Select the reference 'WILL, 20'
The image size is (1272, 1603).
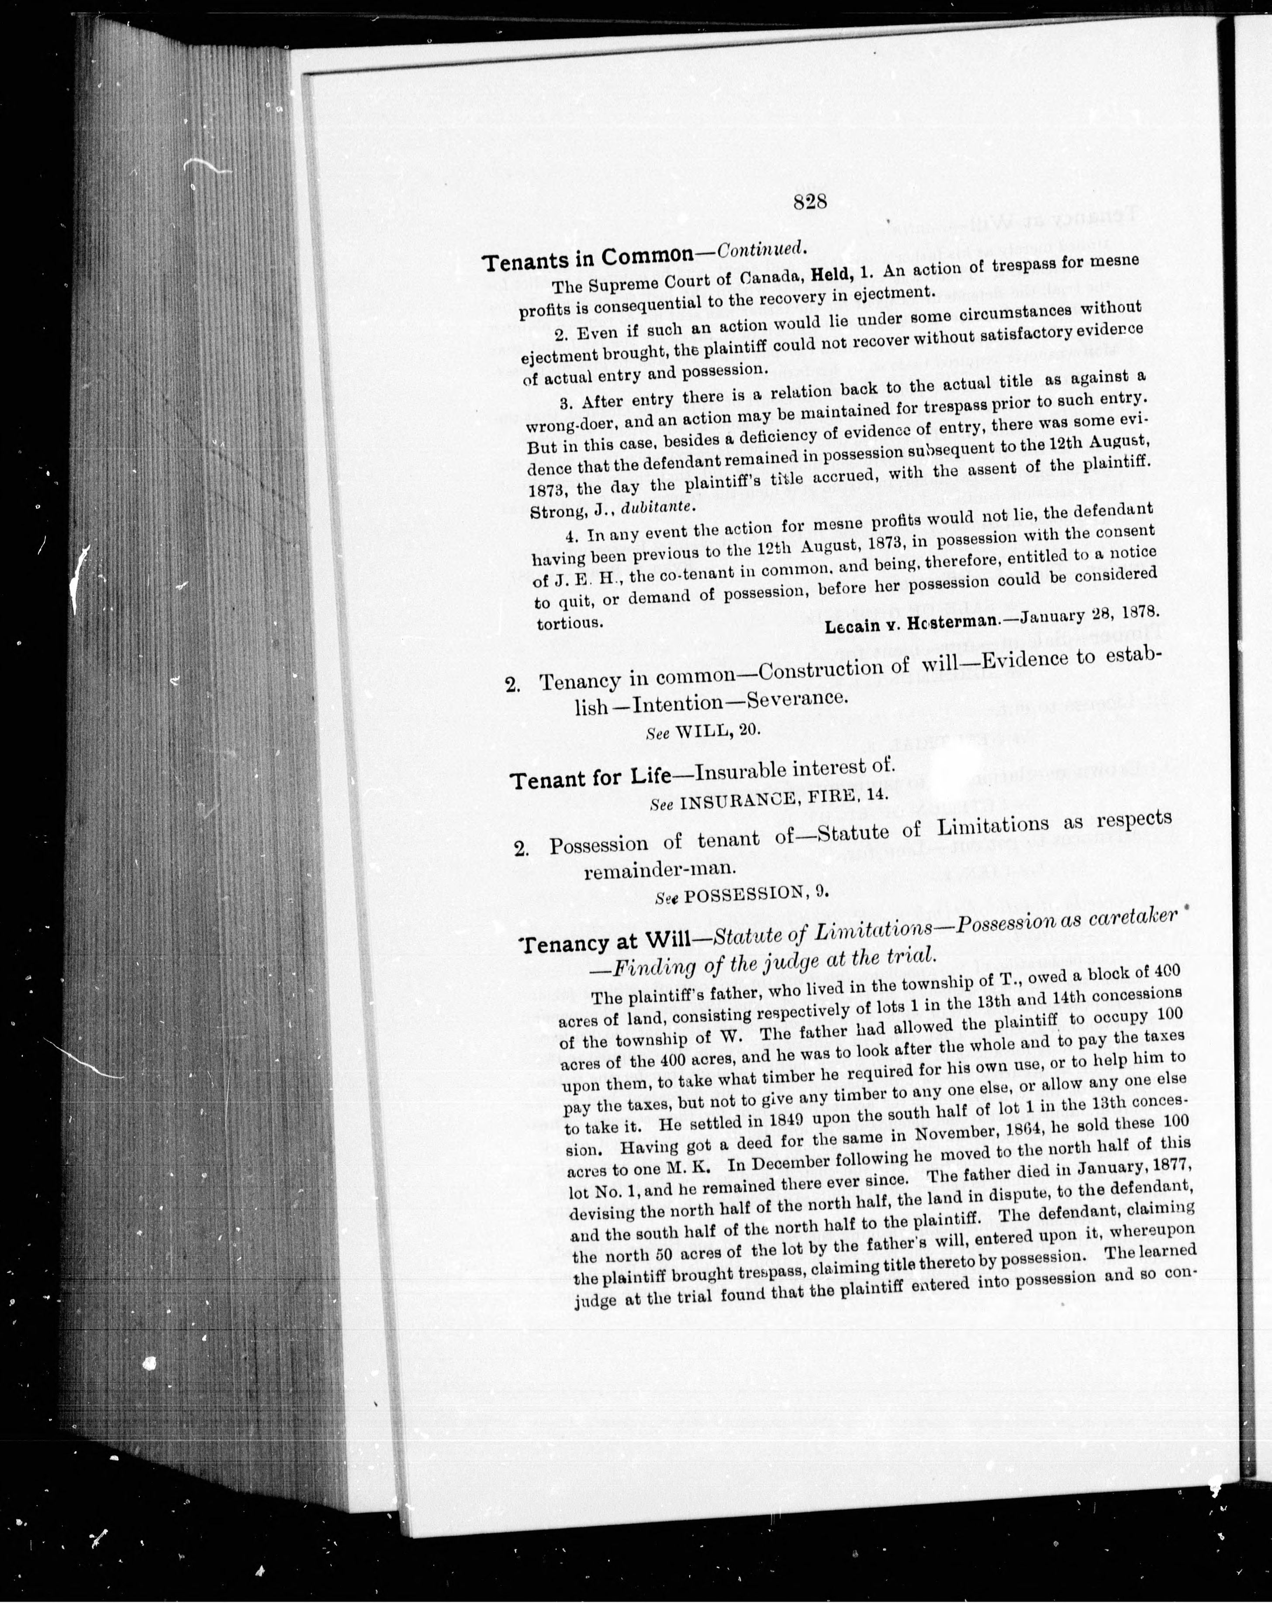coord(717,731)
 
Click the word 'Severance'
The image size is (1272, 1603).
coord(796,700)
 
